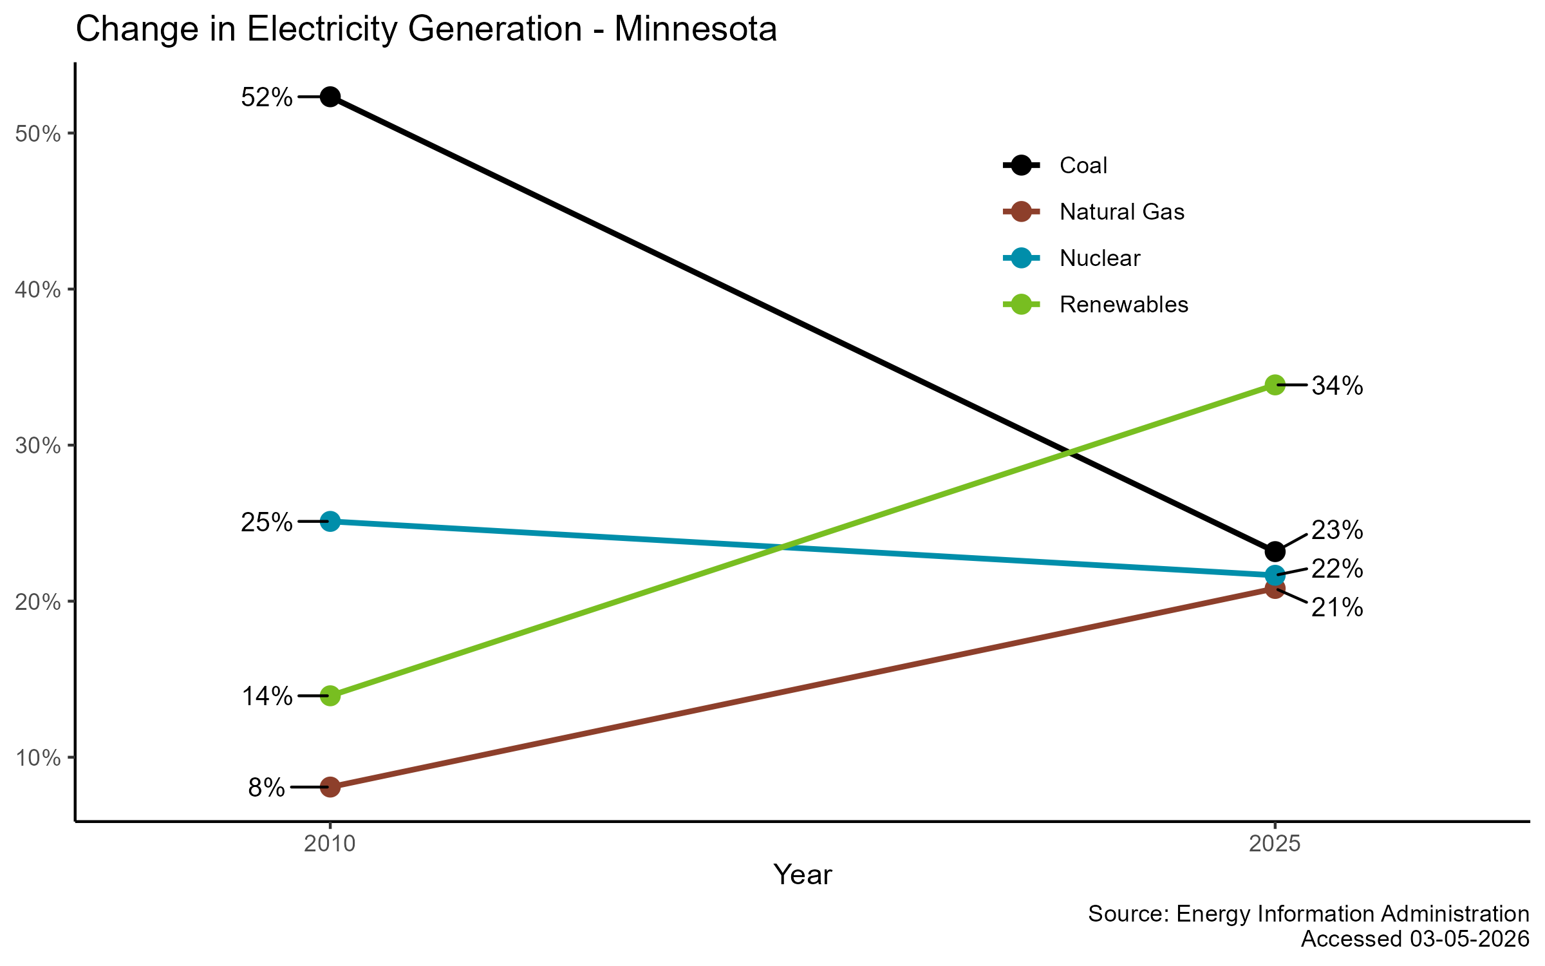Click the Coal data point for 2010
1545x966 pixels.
pyautogui.click(x=330, y=97)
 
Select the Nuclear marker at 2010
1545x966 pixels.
pyautogui.click(x=330, y=521)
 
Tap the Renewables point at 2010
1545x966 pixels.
pyautogui.click(x=330, y=696)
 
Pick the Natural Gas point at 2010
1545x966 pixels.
pyautogui.click(x=330, y=786)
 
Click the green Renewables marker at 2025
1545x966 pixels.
pyautogui.click(x=1275, y=385)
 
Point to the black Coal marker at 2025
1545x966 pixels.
pyautogui.click(x=1275, y=551)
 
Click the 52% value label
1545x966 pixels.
pyautogui.click(x=267, y=98)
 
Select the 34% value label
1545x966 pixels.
pyautogui.click(x=1337, y=386)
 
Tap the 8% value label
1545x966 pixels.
pyautogui.click(x=267, y=788)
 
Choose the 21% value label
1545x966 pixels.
pyautogui.click(x=1337, y=607)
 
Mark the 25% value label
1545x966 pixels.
pyautogui.click(x=267, y=522)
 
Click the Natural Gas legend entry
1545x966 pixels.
pyautogui.click(x=1121, y=212)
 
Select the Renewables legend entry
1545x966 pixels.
pyautogui.click(x=1123, y=305)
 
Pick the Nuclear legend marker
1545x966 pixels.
pyautogui.click(x=1021, y=258)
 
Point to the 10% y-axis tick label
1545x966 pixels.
pyautogui.click(x=38, y=758)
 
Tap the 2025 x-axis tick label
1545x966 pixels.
pyautogui.click(x=1275, y=844)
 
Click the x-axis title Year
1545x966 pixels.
pyautogui.click(x=802, y=875)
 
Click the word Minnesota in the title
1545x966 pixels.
pyautogui.click(x=695, y=30)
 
